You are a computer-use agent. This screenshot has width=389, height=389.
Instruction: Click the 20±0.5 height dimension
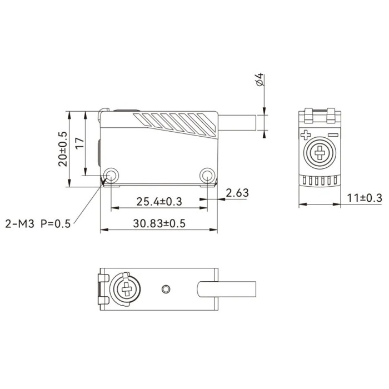(62, 149)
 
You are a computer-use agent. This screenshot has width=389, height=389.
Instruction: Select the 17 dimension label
(80, 143)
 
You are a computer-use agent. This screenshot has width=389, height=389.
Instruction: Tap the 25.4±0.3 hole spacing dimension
(159, 201)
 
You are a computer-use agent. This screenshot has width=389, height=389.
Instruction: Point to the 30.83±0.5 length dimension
(159, 223)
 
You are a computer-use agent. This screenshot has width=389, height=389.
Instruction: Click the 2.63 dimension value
(237, 193)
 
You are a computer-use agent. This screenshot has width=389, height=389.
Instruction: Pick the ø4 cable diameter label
(260, 79)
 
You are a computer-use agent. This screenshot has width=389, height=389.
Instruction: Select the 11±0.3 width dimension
(365, 198)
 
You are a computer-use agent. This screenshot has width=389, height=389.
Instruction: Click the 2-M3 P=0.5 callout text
(38, 224)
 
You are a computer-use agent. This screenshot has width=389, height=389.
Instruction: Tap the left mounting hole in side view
(111, 176)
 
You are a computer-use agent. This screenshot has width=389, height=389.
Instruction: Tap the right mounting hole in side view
(207, 176)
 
